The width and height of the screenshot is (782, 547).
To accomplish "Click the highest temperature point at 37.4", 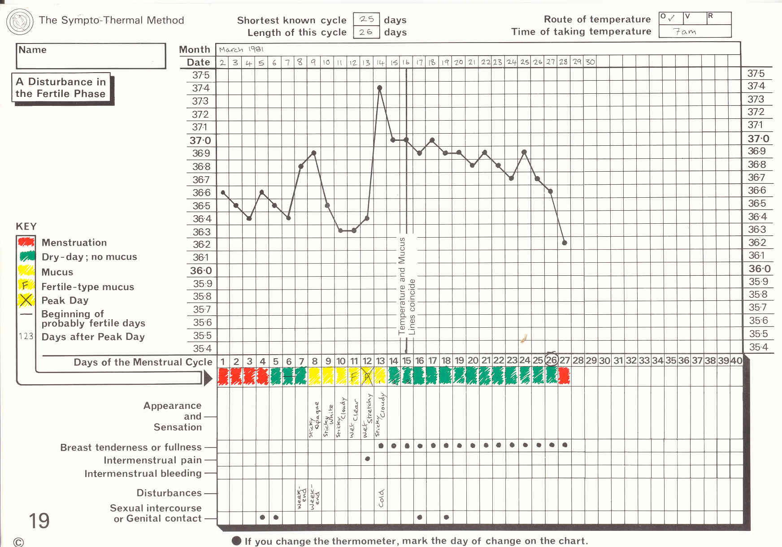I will pos(380,88).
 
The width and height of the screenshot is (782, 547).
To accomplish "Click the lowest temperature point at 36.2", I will pos(565,243).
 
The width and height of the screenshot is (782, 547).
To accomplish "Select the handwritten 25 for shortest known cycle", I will pos(366,19).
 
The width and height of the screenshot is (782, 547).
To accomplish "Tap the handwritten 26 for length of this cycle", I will pos(366,32).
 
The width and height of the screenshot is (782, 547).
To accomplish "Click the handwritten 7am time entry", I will pos(685,31).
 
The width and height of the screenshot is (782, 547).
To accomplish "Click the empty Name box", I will pos(91,56).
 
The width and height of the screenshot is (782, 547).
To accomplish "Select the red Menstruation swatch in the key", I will pos(26,242).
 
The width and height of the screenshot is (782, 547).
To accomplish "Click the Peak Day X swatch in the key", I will pos(26,300).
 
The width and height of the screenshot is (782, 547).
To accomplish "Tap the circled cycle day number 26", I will pos(552,360).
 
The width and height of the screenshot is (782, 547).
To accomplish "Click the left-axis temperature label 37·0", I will pos(200,140).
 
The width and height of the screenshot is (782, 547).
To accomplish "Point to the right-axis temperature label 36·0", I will pos(760,269).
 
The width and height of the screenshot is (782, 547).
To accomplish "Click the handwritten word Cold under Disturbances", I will pos(381,498).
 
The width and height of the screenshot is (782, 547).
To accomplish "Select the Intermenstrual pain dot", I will pos(368,459).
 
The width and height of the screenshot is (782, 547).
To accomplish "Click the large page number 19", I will pos(39,521).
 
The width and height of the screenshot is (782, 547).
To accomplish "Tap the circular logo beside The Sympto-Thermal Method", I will pos(20,21).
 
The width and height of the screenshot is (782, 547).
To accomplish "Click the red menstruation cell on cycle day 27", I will pos(565,376).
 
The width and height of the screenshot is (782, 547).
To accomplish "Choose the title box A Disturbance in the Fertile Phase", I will pos(61,88).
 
